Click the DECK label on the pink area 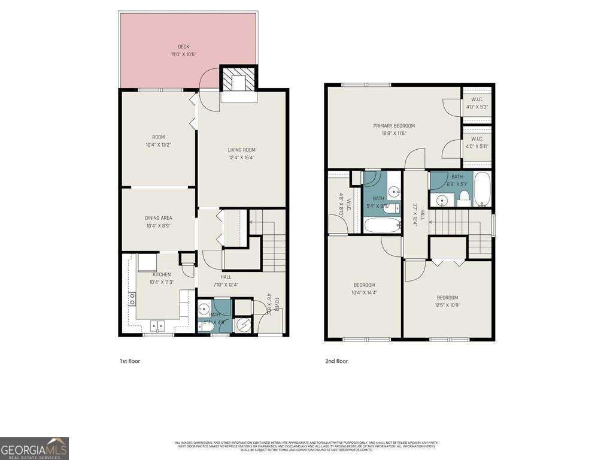(183, 47)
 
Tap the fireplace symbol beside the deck (239, 78)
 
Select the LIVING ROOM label (241, 150)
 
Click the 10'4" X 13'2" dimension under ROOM (158, 144)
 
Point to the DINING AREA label (158, 218)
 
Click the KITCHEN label (161, 275)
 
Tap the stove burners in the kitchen (131, 299)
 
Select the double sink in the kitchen (158, 326)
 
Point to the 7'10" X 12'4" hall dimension (226, 285)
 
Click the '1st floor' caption (129, 361)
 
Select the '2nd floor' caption (337, 361)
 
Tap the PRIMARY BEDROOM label (394, 126)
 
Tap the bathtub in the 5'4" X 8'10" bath (382, 225)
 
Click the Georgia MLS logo (34, 448)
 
